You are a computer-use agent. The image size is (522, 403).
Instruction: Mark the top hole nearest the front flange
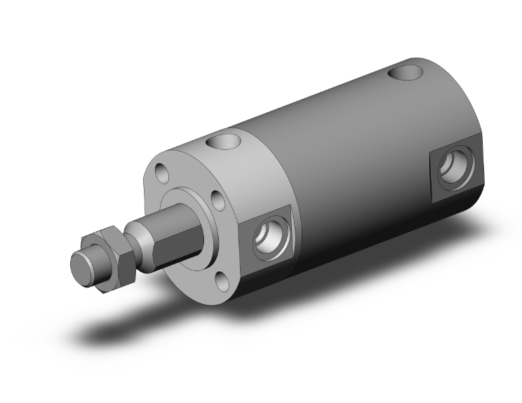point(223,143)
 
